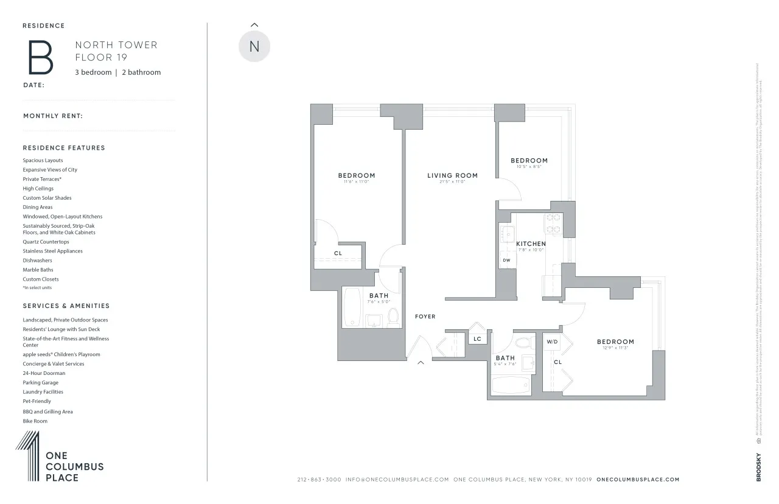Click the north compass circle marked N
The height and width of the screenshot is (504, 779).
[254, 47]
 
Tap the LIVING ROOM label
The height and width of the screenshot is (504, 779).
[452, 176]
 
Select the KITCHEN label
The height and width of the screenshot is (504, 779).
[531, 244]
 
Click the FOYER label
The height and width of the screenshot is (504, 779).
[425, 317]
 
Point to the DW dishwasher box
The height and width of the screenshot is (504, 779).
[506, 261]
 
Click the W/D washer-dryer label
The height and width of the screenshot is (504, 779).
[552, 342]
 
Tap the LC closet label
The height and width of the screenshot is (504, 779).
[477, 339]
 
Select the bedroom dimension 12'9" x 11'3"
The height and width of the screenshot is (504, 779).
[615, 348]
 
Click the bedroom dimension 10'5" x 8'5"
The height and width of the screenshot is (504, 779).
[529, 167]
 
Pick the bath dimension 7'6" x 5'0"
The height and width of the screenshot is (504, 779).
[379, 301]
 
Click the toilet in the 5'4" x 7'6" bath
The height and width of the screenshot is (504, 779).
[522, 343]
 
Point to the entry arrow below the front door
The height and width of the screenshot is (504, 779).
[420, 363]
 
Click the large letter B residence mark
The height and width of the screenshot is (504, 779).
[38, 58]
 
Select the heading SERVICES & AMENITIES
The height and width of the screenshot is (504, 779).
[66, 306]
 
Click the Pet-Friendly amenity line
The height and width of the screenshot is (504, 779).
[37, 402]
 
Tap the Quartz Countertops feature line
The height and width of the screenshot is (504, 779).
[46, 242]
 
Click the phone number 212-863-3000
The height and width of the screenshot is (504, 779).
[319, 480]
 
